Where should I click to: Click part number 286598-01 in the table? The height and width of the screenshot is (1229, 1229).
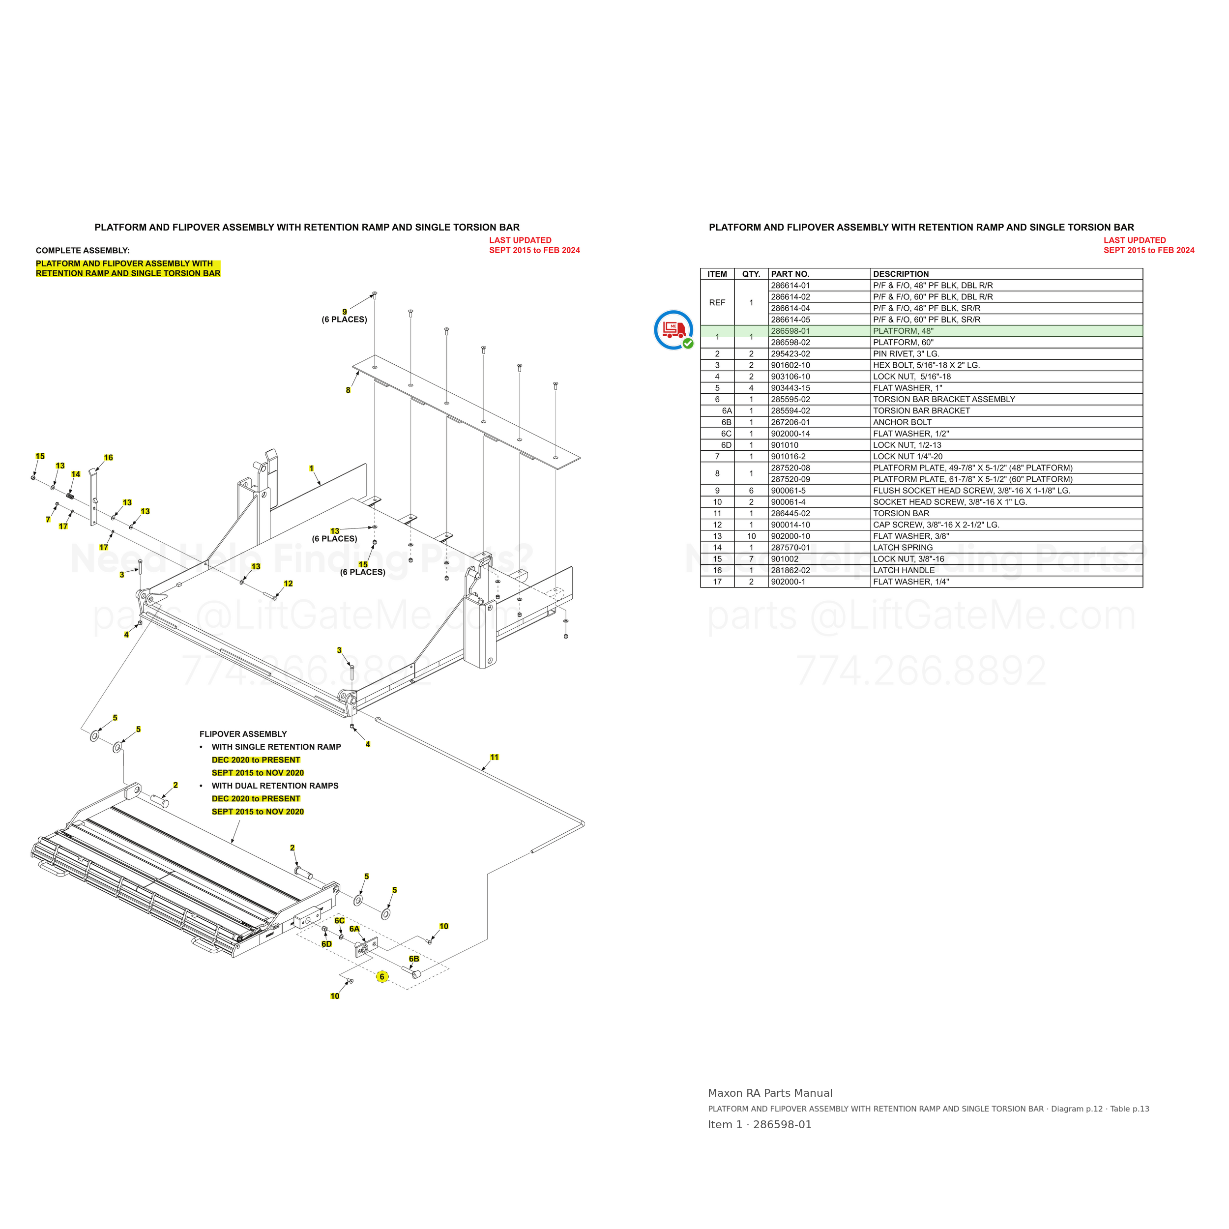[x=790, y=331]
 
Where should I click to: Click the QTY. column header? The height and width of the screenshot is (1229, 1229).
[x=751, y=274]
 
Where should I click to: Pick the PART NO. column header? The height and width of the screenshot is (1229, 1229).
[x=790, y=274]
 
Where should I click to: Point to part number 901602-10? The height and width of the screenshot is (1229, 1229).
[x=790, y=366]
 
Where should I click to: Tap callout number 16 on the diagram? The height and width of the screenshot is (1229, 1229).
[x=108, y=457]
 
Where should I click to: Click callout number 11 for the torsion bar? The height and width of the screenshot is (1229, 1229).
[x=494, y=757]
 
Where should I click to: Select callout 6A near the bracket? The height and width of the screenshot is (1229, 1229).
[x=354, y=929]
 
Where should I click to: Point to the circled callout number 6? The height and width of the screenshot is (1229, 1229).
[x=381, y=976]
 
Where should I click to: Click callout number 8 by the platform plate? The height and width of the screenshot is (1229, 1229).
[x=348, y=390]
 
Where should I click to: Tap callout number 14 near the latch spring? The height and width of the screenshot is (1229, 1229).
[x=76, y=474]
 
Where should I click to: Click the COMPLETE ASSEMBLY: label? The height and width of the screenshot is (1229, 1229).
[x=83, y=251]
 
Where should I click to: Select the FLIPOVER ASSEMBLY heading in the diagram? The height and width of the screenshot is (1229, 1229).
[x=243, y=734]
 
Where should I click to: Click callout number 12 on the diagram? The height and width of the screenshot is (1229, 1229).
[x=288, y=584]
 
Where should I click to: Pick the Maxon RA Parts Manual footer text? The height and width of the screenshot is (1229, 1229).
[x=770, y=1093]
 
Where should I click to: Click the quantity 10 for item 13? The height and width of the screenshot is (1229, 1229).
[x=751, y=536]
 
